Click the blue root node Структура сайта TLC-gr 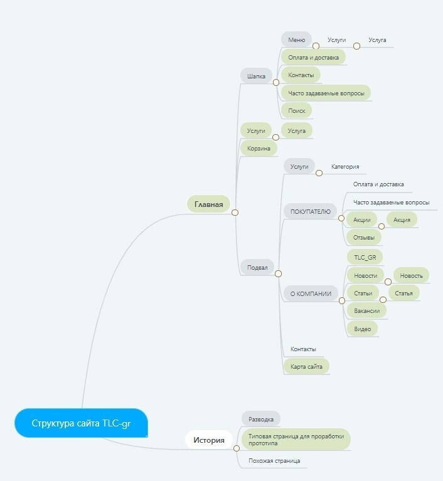[82, 423]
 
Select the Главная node [208, 204]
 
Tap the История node [208, 440]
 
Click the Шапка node [256, 77]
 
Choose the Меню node [296, 40]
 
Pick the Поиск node [296, 110]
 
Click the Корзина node [259, 149]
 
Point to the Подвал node [257, 268]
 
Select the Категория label [345, 167]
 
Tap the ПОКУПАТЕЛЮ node [310, 212]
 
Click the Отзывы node [364, 237]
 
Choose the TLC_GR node [365, 257]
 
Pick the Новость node [411, 275]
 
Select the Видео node [362, 329]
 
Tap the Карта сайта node [306, 366]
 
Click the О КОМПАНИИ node [310, 293]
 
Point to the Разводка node [261, 419]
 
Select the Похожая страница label [274, 461]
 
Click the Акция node [402, 220]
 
